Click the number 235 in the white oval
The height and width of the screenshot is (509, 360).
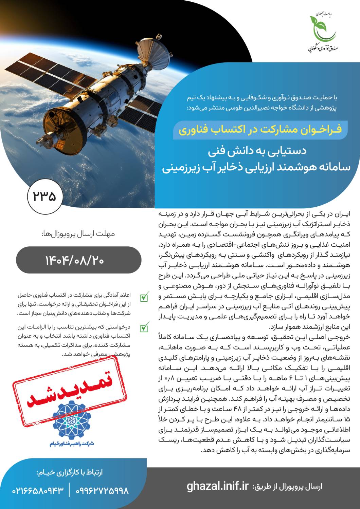tap(44, 196)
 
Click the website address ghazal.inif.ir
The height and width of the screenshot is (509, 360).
tap(218, 486)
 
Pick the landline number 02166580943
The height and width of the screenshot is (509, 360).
tap(38, 491)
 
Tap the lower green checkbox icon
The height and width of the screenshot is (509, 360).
tap(144, 328)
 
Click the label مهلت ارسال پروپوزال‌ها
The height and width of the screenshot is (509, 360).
tap(78, 234)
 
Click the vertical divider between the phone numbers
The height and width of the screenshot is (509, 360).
tap(70, 491)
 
